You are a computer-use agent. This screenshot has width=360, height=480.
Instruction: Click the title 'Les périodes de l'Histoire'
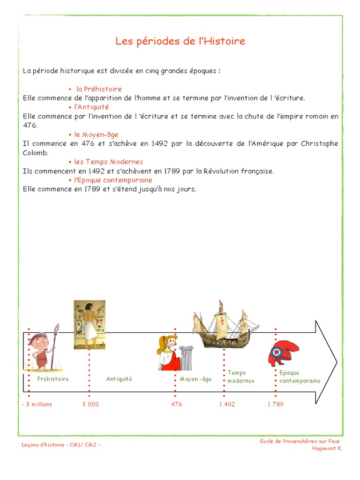point(180,41)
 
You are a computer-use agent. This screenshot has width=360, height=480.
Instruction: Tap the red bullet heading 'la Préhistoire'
point(99,89)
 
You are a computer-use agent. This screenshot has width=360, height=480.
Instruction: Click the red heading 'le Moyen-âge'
point(96,135)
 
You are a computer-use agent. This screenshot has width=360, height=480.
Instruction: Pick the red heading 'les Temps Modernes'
point(108,162)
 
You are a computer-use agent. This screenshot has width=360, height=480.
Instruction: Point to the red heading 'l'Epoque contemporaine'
point(113,180)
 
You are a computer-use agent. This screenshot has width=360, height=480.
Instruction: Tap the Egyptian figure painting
point(89,324)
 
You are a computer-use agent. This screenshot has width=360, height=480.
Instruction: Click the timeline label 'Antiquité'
point(119,379)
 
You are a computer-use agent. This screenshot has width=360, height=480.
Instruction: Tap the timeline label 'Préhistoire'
point(53,379)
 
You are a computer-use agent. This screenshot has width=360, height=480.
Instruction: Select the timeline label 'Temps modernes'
point(241,376)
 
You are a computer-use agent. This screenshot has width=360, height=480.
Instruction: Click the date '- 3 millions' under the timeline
point(37,404)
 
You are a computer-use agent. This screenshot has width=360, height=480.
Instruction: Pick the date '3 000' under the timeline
point(90,404)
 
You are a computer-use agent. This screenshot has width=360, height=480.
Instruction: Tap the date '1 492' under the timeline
point(227,404)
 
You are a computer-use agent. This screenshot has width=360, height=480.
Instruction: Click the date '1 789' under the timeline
point(276,404)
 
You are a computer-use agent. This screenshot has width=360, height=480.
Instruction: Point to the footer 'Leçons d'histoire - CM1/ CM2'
point(61,444)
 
